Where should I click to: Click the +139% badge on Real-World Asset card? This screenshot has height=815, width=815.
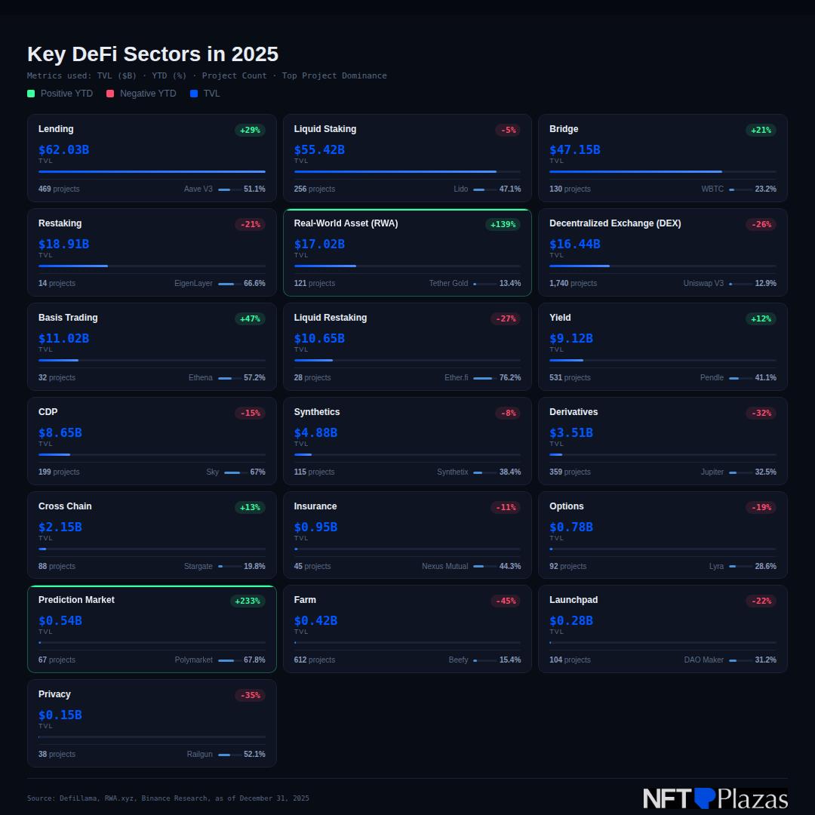503,224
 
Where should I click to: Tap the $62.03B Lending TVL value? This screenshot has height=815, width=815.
63,149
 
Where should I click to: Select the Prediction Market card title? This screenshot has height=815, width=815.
76,600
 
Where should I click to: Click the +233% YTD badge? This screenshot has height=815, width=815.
248,601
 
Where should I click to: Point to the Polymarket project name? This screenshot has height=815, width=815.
194,660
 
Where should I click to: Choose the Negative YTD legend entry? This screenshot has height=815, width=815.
141,94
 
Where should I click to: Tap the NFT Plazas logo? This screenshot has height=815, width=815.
715,798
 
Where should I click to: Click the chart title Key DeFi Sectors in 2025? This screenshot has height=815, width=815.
152,54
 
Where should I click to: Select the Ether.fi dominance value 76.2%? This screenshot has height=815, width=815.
509,378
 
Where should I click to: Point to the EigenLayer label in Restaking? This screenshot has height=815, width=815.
193,284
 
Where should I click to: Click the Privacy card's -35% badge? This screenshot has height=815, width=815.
250,696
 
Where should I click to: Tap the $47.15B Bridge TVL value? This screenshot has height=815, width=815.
574,149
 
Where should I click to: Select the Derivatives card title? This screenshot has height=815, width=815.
574,412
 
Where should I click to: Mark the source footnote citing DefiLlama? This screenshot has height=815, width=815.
168,798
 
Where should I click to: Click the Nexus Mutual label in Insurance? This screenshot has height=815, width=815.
444,567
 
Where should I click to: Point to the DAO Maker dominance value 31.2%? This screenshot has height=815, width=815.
765,660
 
